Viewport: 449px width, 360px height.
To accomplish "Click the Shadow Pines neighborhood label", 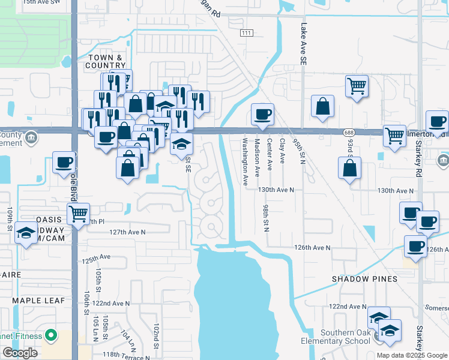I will point(365,279).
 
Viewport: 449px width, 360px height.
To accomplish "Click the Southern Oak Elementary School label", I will point(336,337).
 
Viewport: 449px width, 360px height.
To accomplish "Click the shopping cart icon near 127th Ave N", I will point(79,213).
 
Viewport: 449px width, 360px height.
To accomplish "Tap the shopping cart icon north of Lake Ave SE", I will point(357,86).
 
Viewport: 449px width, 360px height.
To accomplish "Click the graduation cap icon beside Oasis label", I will point(26,234).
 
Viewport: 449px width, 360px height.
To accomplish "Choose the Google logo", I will point(20,353).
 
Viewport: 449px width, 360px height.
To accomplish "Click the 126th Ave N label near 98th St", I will point(312,247).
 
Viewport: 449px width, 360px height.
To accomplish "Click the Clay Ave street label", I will point(282,154).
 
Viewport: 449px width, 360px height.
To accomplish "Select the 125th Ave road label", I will point(97,258).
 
